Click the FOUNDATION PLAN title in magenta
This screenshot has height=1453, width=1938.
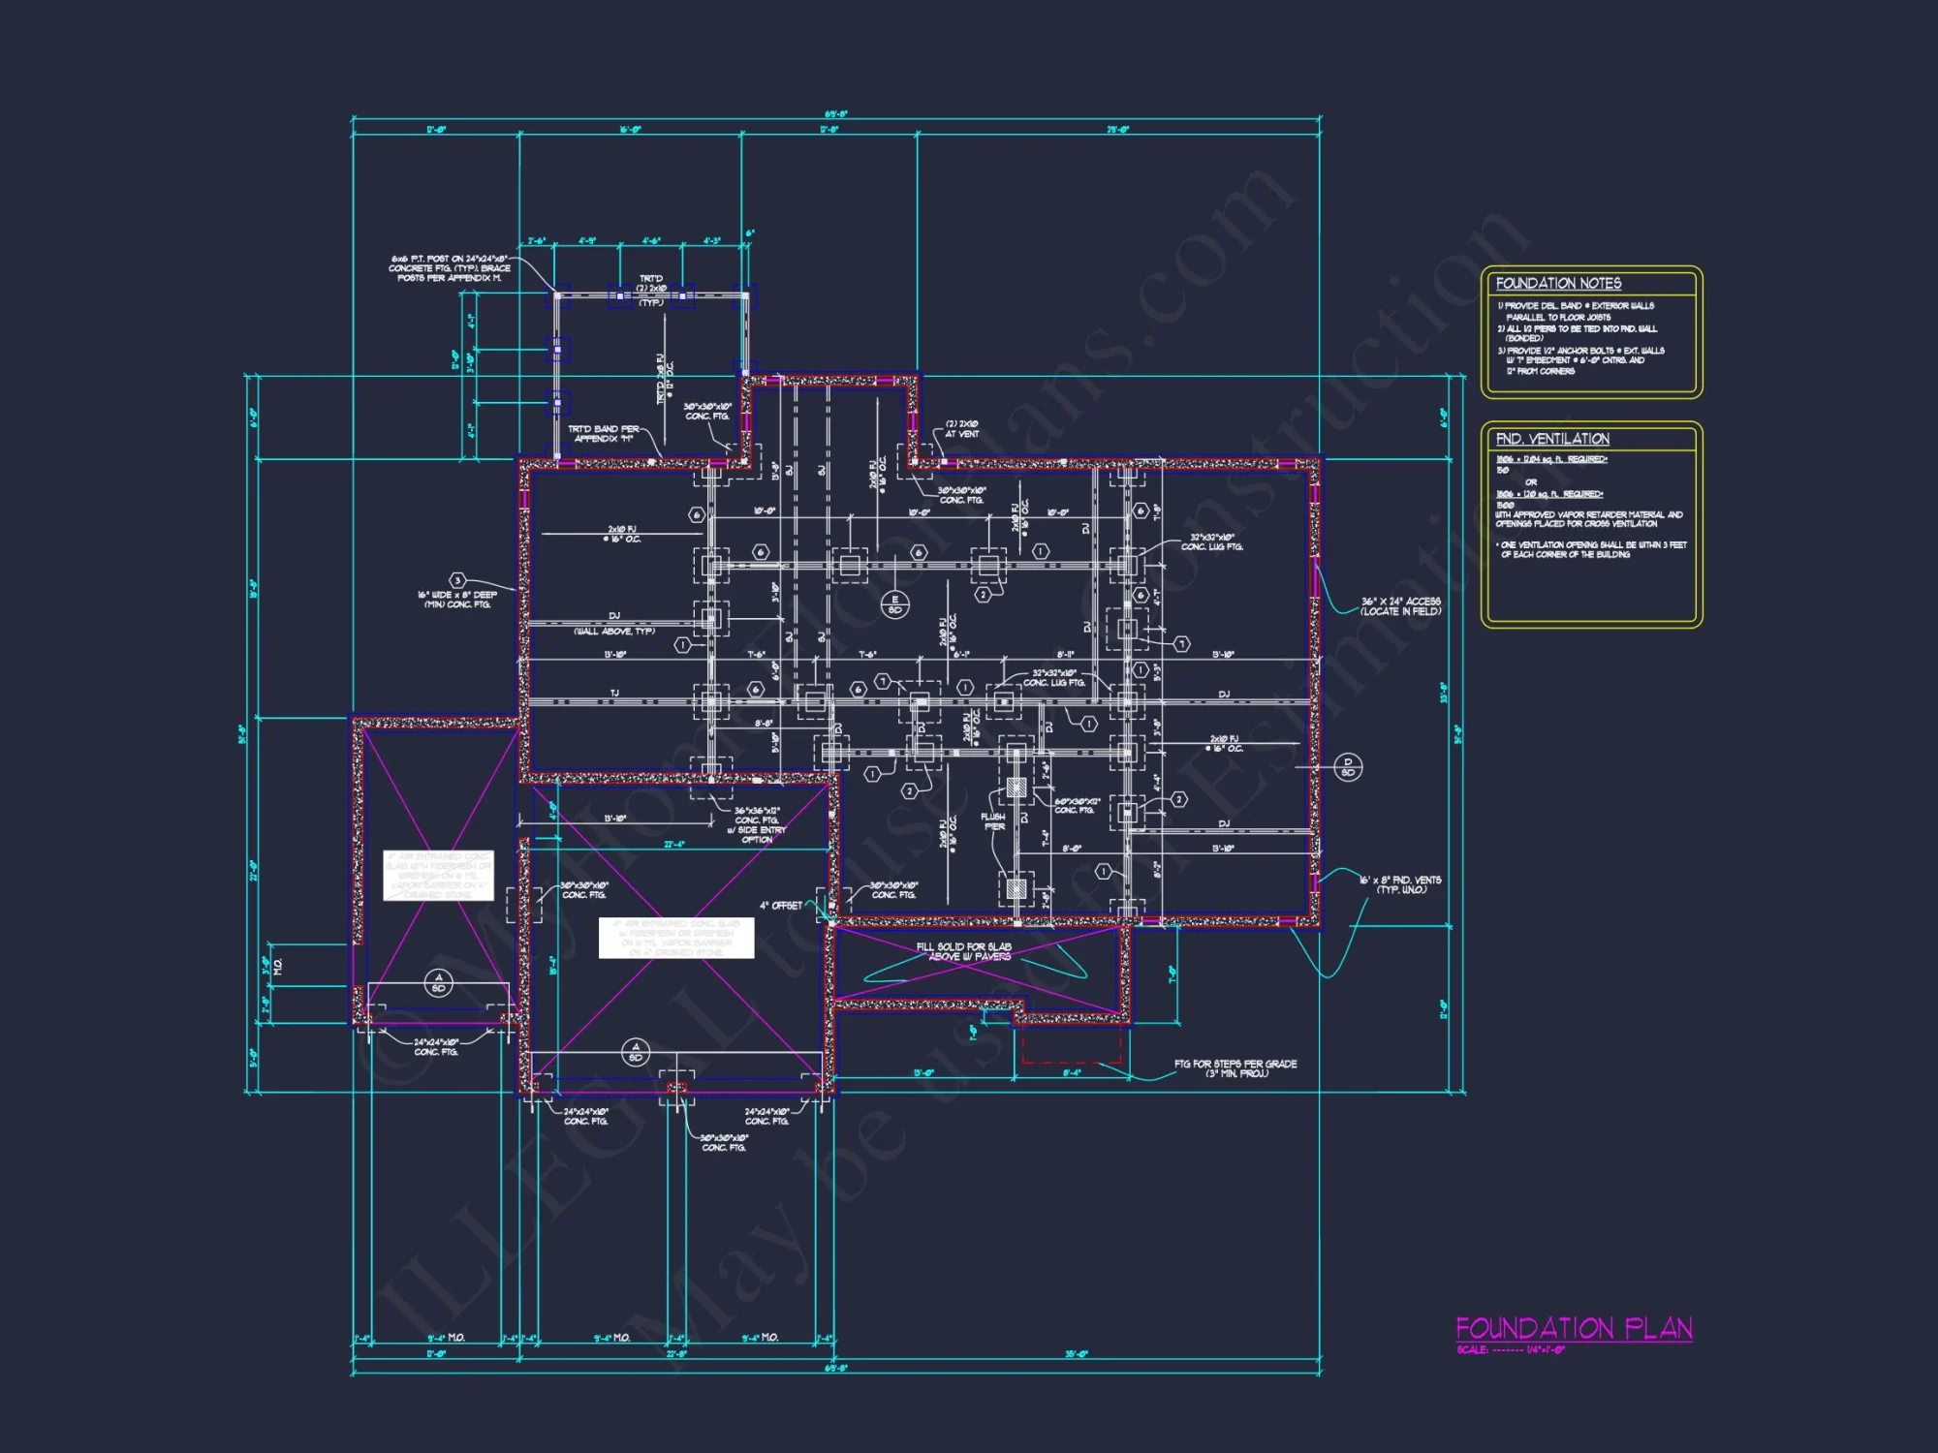tap(1574, 1328)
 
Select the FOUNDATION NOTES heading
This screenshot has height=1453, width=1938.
tap(1558, 284)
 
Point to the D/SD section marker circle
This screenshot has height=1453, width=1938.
tap(1347, 767)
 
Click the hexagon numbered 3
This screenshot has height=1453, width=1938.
tap(457, 581)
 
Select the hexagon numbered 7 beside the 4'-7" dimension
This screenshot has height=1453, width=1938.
tap(1181, 644)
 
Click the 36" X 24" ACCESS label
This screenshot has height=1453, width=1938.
tap(1400, 606)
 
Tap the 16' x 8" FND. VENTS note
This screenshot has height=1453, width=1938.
tap(1399, 884)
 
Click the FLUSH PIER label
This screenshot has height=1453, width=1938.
tap(993, 821)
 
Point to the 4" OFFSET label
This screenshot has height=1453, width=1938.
tap(780, 906)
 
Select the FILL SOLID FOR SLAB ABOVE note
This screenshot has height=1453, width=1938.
tap(963, 951)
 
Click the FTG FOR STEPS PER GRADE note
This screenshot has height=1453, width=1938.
tap(1235, 1068)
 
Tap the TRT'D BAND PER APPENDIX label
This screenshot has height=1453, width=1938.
tap(603, 434)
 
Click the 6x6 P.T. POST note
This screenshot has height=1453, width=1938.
tap(450, 268)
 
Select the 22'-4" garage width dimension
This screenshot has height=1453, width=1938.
tap(674, 845)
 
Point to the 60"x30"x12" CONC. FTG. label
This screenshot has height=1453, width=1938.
tap(1077, 806)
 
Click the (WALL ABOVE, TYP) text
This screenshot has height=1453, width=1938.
tap(614, 632)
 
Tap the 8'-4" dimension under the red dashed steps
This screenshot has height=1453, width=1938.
tap(1071, 1073)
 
